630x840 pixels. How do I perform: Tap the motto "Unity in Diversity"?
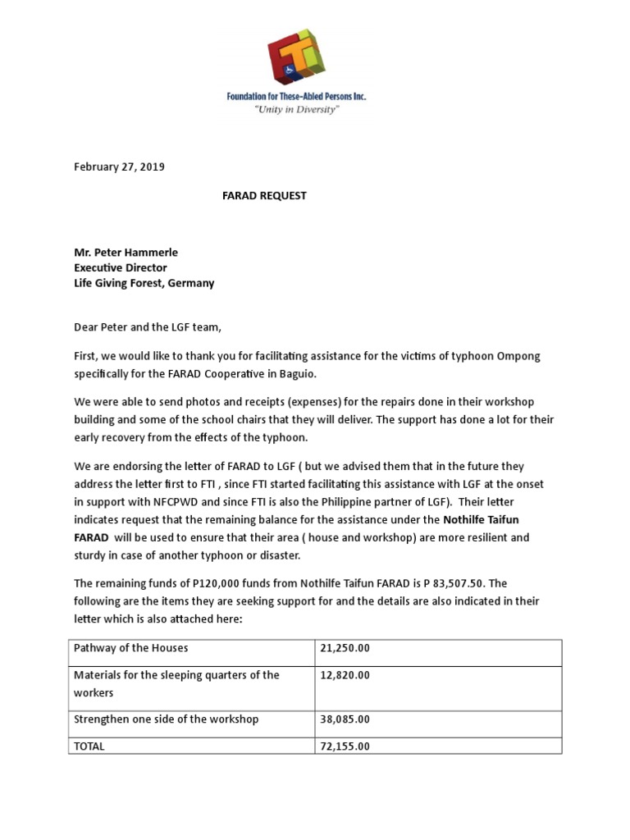coord(296,109)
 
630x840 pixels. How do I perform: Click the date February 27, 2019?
coord(119,167)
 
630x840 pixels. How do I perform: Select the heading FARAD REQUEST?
coord(264,195)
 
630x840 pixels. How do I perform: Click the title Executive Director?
coord(121,267)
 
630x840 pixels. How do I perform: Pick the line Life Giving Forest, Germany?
coord(144,283)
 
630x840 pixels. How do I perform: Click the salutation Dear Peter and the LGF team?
coord(148,327)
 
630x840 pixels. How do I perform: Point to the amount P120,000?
coord(198,583)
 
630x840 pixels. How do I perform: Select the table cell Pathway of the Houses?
coord(131,648)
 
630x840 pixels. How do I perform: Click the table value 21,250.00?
coord(345,648)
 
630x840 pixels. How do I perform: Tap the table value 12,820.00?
coord(345,675)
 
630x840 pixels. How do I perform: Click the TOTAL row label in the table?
coord(89,746)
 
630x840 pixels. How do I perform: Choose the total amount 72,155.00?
coord(345,746)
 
